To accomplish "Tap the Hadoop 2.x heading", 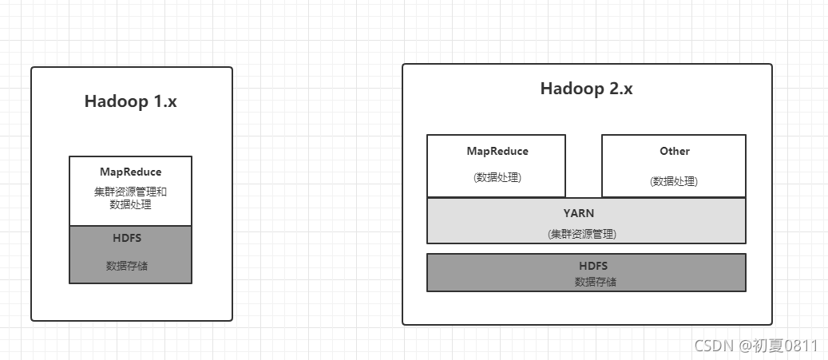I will [586, 89].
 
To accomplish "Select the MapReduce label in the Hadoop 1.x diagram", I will [130, 172].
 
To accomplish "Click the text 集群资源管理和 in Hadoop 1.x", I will [130, 192].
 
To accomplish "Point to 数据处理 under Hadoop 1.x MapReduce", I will [130, 204].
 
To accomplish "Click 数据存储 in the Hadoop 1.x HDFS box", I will [127, 266].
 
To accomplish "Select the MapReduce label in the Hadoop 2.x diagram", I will [497, 151].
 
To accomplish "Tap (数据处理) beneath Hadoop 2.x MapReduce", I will [497, 177].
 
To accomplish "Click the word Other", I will [674, 151].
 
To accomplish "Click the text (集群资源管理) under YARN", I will [582, 234].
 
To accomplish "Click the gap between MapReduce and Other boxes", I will [583, 166].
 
